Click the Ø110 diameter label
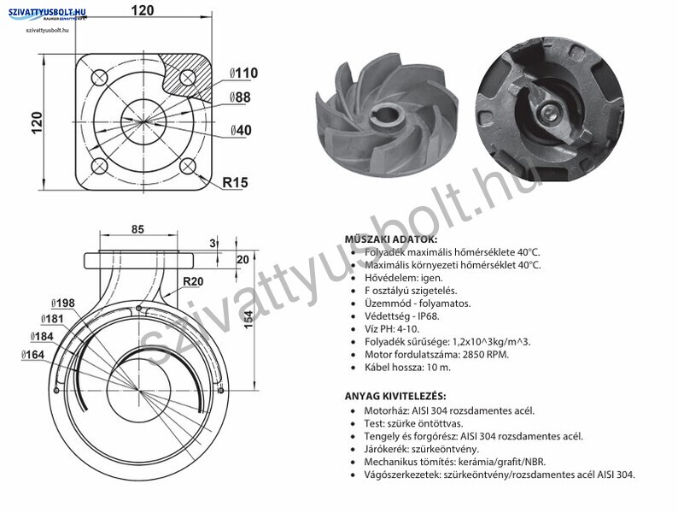[x=243, y=73]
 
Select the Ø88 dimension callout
[x=240, y=97]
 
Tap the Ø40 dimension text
[x=241, y=130]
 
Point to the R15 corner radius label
[x=235, y=182]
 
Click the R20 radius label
[x=193, y=281]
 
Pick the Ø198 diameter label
[x=62, y=303]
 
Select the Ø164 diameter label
[x=32, y=355]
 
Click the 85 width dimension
[x=137, y=229]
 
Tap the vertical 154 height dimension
[x=248, y=320]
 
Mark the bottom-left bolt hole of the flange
[x=99, y=166]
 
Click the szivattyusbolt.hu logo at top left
[x=47, y=15]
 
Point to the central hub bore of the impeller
[x=388, y=115]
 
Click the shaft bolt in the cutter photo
[x=549, y=114]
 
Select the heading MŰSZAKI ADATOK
[x=391, y=239]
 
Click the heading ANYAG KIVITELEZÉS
[x=395, y=396]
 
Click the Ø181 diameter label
[x=52, y=319]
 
